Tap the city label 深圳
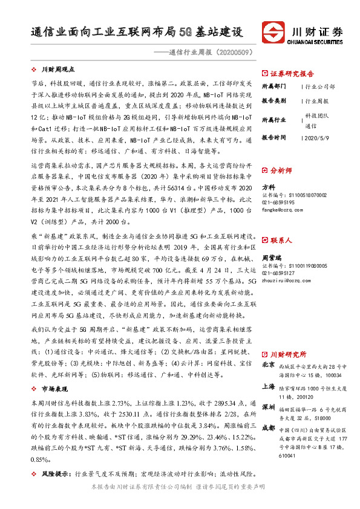pyautogui.click(x=267, y=407)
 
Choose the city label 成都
pyautogui.click(x=267, y=429)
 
